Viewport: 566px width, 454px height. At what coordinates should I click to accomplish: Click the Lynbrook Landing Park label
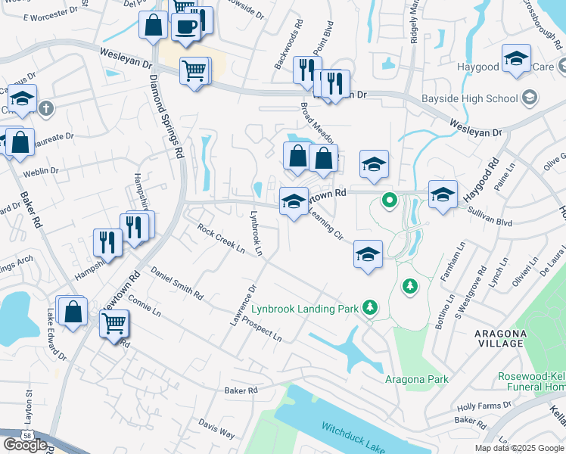pyautogui.click(x=309, y=308)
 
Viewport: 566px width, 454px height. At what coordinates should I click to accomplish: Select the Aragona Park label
pyautogui.click(x=416, y=380)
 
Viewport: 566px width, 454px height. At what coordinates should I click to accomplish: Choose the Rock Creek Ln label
pyautogui.click(x=221, y=238)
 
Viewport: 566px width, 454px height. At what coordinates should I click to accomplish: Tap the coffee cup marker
pyautogui.click(x=185, y=26)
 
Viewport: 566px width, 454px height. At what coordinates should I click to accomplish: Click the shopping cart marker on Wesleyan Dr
pyautogui.click(x=194, y=71)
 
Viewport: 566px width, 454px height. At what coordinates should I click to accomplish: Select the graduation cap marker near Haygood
pyautogui.click(x=516, y=58)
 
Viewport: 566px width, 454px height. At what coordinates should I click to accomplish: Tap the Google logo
pyautogui.click(x=25, y=445)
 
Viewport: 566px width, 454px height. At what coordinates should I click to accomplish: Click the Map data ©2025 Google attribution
pyautogui.click(x=518, y=448)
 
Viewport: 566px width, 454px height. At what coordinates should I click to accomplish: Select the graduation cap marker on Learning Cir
pyautogui.click(x=367, y=254)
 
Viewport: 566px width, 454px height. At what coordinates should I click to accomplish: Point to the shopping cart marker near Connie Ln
pyautogui.click(x=114, y=325)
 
